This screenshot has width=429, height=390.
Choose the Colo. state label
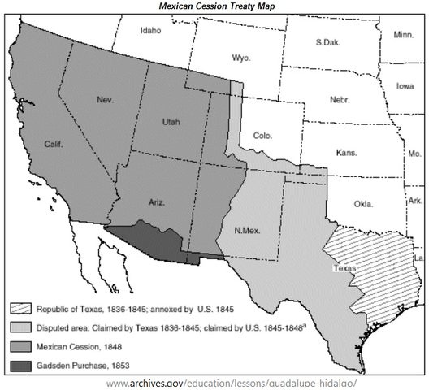click(262, 136)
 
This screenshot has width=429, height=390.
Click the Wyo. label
click(240, 58)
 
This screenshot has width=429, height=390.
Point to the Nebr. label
click(340, 99)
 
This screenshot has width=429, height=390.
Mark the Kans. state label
click(347, 152)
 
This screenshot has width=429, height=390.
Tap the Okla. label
click(363, 204)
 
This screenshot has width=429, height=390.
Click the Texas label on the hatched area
click(344, 266)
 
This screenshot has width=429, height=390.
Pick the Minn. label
click(403, 35)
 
